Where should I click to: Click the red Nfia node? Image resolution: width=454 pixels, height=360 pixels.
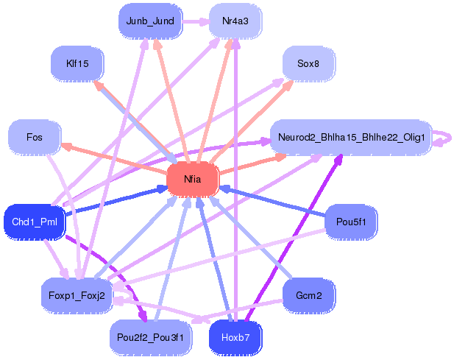pos(193,180)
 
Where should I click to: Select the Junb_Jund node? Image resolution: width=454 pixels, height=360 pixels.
pos(150,21)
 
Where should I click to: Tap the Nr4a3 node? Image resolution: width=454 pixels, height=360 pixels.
pos(235,21)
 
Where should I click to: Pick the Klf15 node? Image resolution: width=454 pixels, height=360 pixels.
pos(77,63)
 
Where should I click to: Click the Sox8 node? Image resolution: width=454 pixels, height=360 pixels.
pos(308,63)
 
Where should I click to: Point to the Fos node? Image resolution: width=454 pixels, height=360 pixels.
pos(35,137)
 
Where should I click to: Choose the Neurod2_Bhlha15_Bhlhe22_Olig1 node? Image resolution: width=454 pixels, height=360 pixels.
pos(351,137)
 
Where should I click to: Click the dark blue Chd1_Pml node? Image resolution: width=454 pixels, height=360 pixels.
pos(35,222)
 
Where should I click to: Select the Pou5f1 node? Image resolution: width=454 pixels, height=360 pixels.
pos(351,222)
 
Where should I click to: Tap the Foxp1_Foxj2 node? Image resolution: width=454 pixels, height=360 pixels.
pos(77,296)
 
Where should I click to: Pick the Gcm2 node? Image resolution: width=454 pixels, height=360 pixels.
pos(308,296)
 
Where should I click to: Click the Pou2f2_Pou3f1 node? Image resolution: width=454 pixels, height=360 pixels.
pos(150,338)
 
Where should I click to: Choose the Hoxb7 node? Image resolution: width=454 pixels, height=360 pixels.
pos(235,338)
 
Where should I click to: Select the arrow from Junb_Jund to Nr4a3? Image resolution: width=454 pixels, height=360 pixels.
pos(196,21)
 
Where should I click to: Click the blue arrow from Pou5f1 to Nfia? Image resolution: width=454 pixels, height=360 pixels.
pos(272,201)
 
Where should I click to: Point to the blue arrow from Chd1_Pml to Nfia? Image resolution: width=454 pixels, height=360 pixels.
pos(117,201)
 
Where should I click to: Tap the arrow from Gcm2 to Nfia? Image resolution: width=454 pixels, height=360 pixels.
pos(250,236)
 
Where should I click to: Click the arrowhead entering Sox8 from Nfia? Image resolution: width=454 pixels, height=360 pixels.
pos(288,85)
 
